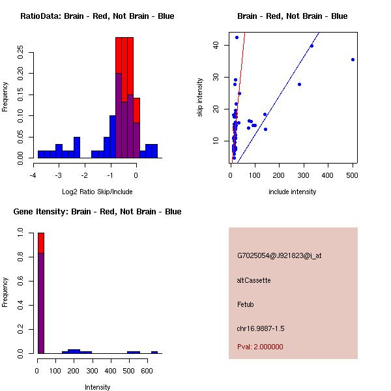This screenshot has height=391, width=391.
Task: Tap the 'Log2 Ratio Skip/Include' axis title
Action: [x=96, y=192]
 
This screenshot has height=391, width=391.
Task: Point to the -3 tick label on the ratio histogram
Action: [x=59, y=175]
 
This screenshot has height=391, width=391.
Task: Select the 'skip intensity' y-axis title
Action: [x=201, y=98]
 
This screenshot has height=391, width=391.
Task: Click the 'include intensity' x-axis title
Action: [x=292, y=192]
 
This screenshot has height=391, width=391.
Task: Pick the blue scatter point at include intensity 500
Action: [x=353, y=59]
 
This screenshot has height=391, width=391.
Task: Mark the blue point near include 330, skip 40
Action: [x=311, y=46]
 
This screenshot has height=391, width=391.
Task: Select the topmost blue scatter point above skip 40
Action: [x=237, y=37]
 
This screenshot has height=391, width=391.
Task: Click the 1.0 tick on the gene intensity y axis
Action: [x=22, y=232]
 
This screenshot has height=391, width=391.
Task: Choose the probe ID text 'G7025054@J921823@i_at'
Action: [x=279, y=255]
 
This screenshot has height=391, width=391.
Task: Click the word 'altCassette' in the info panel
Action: [x=253, y=280]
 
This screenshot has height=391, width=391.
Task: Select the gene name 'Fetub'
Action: [x=246, y=304]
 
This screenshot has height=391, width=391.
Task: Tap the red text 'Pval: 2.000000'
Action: [x=260, y=347]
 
